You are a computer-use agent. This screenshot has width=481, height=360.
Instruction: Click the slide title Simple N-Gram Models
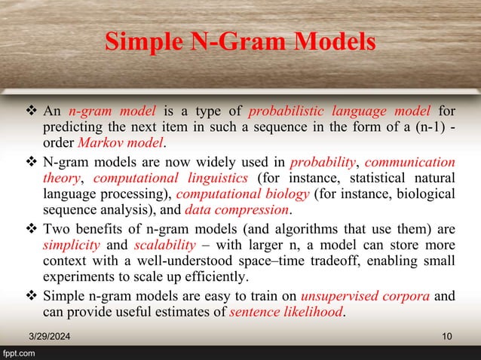(240, 41)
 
